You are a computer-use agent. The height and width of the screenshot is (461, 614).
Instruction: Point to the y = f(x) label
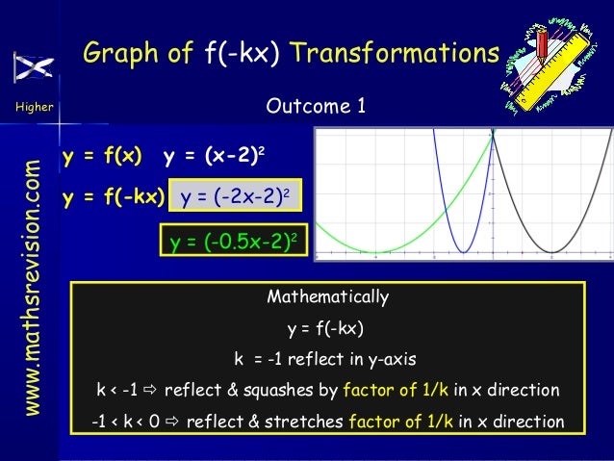point(102,158)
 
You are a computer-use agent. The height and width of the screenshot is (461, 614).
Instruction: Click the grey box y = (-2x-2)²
point(235,198)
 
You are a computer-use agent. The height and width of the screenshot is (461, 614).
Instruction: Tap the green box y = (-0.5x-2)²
point(232,241)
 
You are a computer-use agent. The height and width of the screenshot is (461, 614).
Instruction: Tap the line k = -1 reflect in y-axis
point(325,360)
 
